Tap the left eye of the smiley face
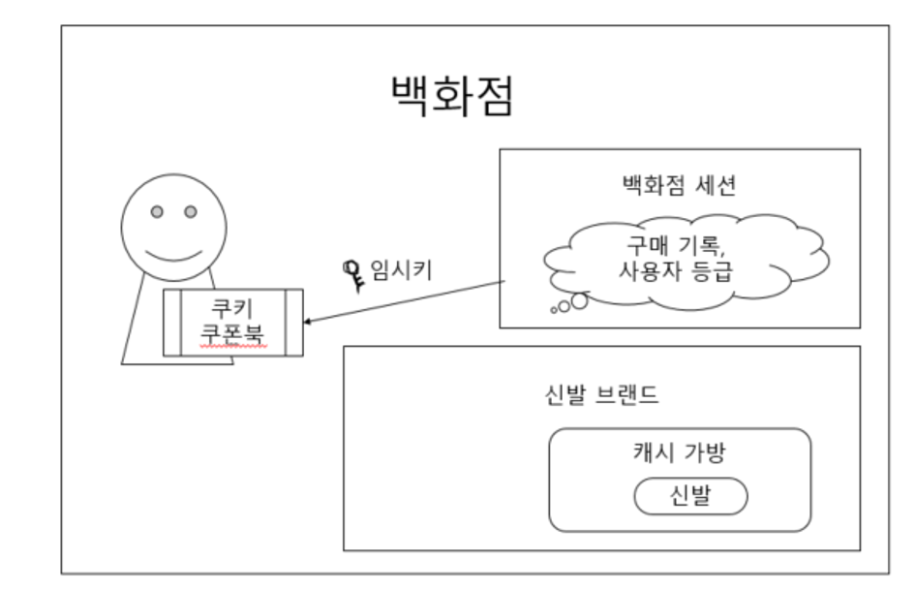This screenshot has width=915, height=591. pos(155,210)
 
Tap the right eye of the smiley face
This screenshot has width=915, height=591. pos(191,210)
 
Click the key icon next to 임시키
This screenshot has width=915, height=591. pos(352,272)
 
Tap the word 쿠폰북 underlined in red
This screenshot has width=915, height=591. pos(232,334)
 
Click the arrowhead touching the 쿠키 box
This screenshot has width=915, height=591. pos(309,323)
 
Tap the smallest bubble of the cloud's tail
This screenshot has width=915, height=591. pos(554,310)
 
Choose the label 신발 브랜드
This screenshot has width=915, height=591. pos(597,397)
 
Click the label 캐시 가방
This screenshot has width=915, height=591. pos(678,452)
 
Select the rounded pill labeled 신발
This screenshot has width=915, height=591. pos(690,497)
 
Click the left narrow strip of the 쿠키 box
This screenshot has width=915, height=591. pos(172,323)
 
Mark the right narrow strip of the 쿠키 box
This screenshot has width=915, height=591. pos(292,323)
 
